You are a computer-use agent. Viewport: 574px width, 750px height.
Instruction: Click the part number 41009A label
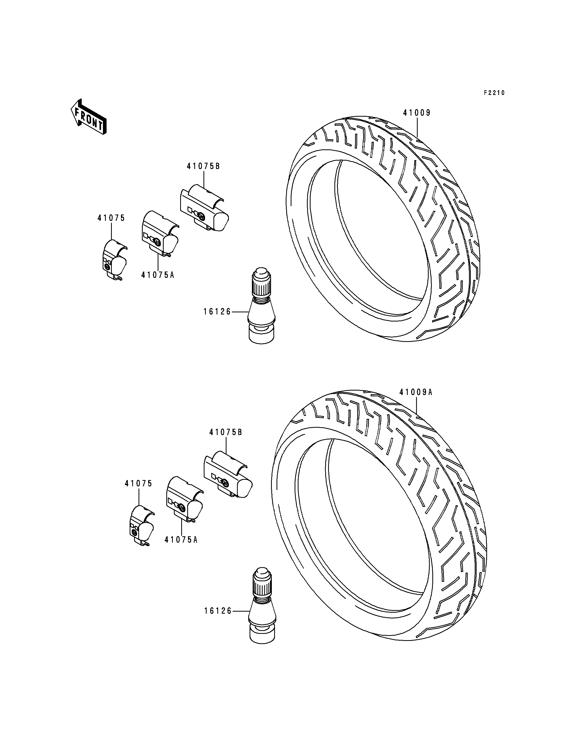(x=416, y=393)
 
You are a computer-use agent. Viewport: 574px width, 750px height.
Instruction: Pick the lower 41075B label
(x=225, y=432)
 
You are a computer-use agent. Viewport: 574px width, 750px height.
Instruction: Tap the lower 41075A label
(x=181, y=540)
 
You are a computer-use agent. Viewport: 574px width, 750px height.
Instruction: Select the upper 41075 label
(x=111, y=218)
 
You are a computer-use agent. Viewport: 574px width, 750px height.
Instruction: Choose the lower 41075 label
(x=138, y=483)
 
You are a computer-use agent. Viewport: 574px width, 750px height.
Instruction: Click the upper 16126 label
(x=217, y=312)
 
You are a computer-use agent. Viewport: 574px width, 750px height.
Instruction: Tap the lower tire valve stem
(x=262, y=605)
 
